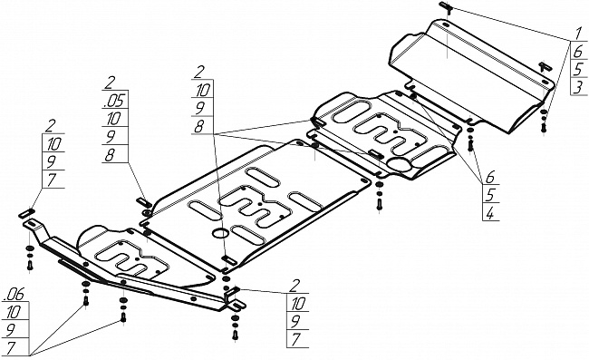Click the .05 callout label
click(x=115, y=101)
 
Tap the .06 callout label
click(x=14, y=295)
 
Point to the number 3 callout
click(x=578, y=87)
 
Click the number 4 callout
click(x=490, y=213)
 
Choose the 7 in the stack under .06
click(x=11, y=348)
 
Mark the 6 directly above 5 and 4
click(x=490, y=177)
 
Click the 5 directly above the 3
click(x=578, y=69)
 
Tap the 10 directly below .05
click(x=113, y=119)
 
